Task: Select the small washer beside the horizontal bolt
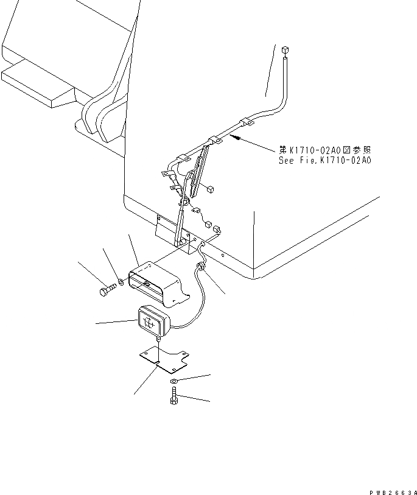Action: (x=121, y=283)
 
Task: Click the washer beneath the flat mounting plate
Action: (x=174, y=382)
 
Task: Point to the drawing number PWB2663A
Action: (x=393, y=491)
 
